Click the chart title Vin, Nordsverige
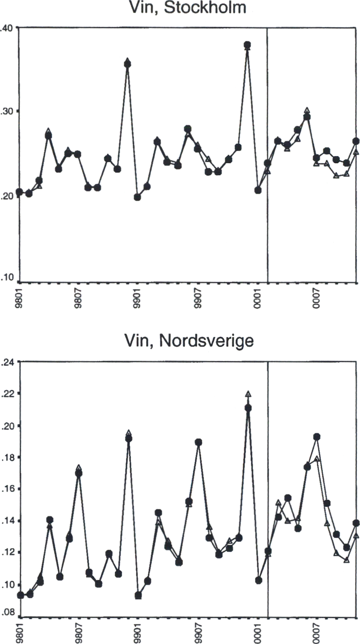tap(189, 341)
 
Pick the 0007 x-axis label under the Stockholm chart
tap(317, 298)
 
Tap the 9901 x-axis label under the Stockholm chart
tap(137, 298)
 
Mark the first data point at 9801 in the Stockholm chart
tap(20, 192)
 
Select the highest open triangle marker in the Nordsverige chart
tap(248, 394)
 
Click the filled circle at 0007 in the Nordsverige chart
tap(317, 437)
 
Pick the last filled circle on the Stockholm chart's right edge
tap(356, 141)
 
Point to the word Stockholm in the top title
tap(205, 7)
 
